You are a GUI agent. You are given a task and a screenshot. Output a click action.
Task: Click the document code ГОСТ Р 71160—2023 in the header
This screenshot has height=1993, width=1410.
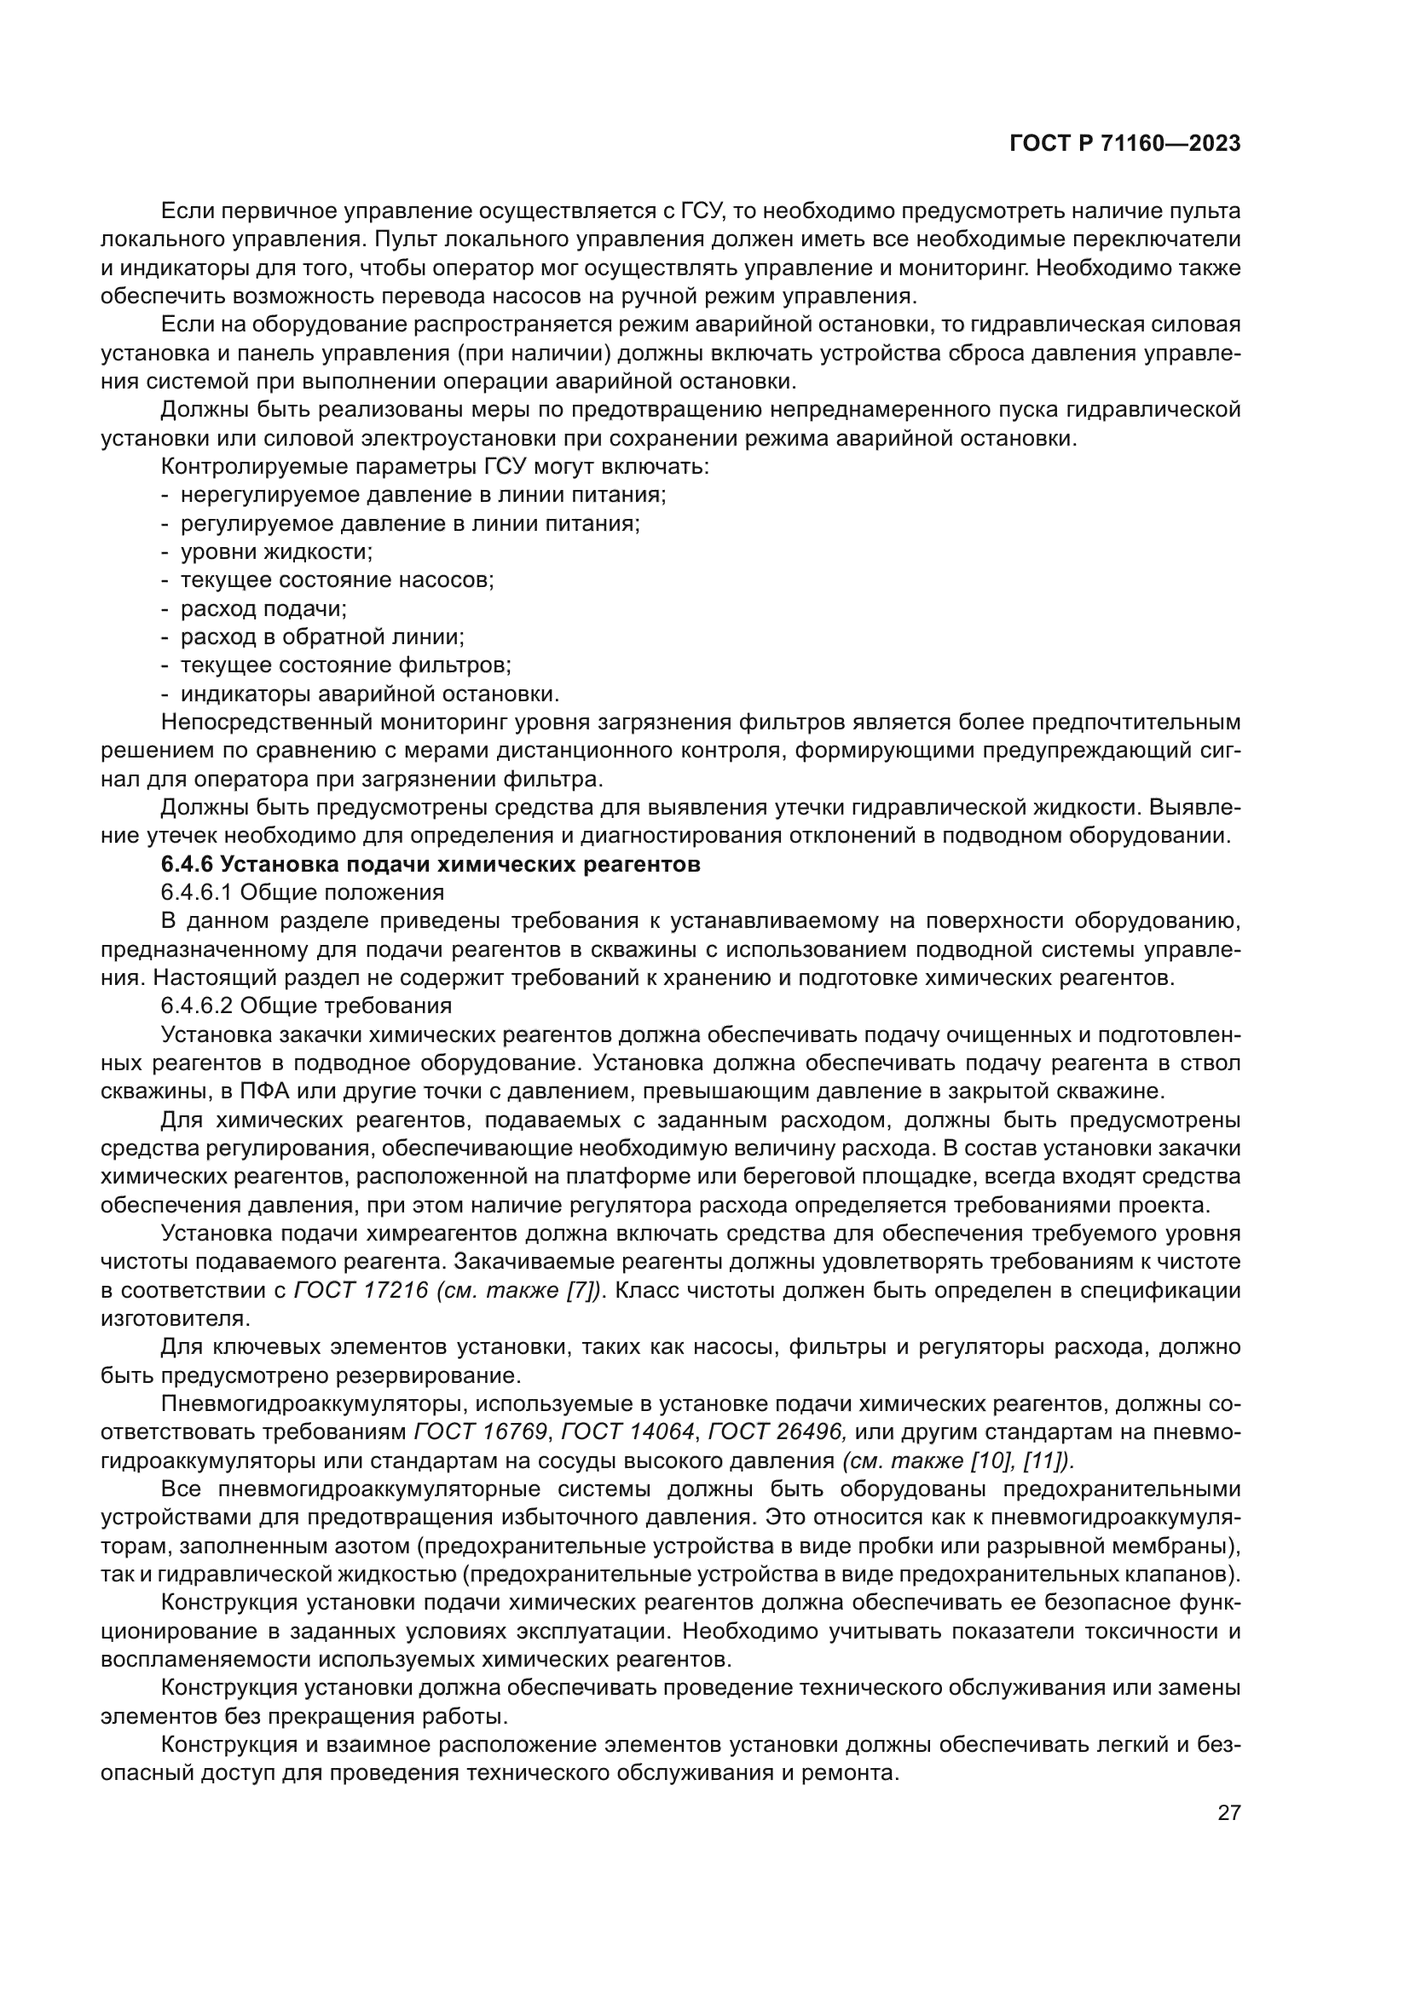point(1124,144)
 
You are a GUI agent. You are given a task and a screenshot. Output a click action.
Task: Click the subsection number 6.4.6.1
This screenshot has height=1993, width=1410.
point(196,892)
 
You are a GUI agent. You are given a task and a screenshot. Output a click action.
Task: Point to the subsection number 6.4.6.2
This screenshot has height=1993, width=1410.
point(196,1006)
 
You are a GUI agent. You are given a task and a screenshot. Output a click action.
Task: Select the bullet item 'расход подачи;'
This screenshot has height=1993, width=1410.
point(263,608)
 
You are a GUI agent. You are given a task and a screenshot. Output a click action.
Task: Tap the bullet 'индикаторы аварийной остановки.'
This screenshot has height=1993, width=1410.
point(370,694)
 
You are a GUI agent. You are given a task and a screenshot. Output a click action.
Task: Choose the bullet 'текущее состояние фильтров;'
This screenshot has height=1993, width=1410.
point(345,665)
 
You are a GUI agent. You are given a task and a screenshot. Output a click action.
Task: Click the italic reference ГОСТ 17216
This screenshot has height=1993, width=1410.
point(361,1290)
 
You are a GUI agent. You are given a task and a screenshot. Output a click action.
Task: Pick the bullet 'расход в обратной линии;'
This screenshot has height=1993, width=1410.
point(322,637)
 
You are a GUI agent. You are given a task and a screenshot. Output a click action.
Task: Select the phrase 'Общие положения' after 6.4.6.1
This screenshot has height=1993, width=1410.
point(342,892)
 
